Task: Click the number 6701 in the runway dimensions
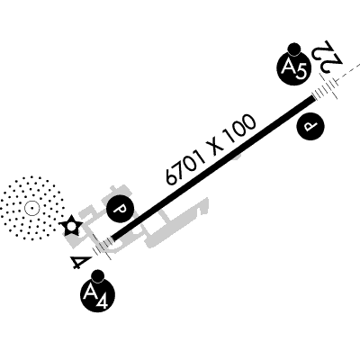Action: click(186, 166)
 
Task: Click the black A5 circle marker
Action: click(293, 68)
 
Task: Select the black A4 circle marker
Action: click(98, 295)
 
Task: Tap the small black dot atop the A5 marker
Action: click(293, 49)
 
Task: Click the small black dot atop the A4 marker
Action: click(98, 276)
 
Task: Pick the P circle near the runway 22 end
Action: click(310, 127)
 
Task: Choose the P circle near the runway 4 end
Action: click(121, 209)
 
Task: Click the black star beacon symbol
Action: click(71, 225)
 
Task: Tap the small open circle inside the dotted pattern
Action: click(31, 208)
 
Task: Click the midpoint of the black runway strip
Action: click(213, 168)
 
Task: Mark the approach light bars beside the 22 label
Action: click(326, 87)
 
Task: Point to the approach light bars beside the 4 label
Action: click(102, 247)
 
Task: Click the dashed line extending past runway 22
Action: click(348, 71)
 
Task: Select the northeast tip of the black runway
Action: click(314, 97)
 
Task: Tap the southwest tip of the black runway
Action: click(112, 238)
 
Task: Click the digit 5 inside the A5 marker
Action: click(301, 73)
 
